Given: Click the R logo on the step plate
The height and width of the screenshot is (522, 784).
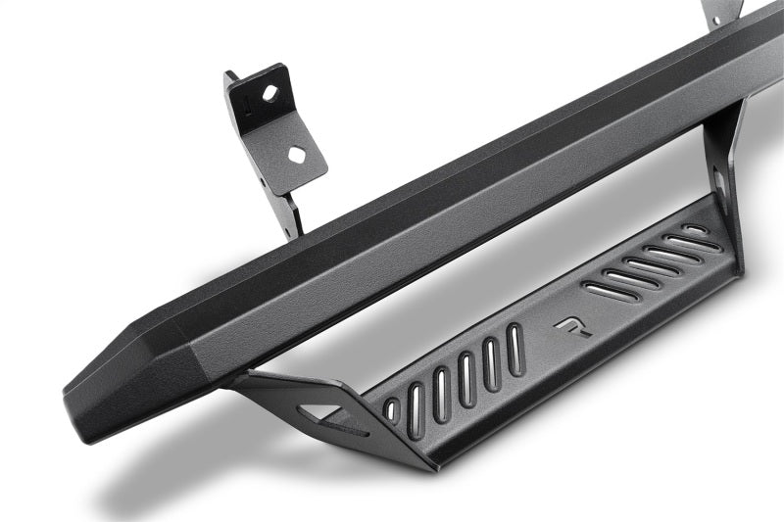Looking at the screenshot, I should pyautogui.click(x=567, y=326).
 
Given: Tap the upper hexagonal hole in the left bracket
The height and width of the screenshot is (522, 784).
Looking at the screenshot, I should pyautogui.click(x=270, y=94).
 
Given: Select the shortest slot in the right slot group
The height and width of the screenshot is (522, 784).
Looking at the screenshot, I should pyautogui.click(x=695, y=229).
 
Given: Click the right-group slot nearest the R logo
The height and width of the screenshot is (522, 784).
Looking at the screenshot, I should pyautogui.click(x=603, y=290).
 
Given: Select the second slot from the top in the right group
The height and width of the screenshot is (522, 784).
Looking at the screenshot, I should pyautogui.click(x=681, y=242).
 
